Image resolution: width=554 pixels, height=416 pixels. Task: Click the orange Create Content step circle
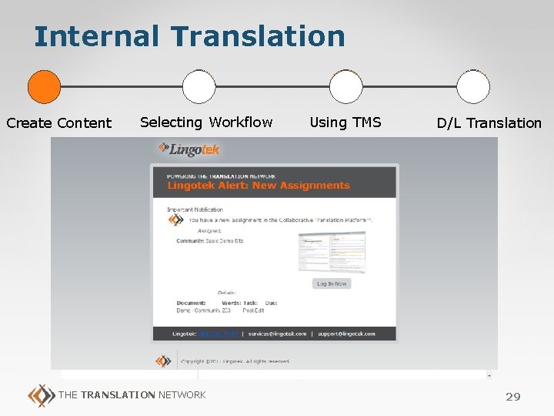[x=44, y=87]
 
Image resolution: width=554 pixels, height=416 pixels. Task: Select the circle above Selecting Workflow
[x=199, y=87]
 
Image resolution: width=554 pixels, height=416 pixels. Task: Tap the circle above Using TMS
[x=345, y=87]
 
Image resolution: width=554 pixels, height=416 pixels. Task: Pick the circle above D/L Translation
[x=472, y=87]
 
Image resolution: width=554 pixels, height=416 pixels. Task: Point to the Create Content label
[x=59, y=123]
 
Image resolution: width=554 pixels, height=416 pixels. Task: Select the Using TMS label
[x=345, y=122]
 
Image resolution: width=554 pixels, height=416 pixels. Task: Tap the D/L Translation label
[x=489, y=123]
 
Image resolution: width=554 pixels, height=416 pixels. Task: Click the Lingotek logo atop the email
[x=189, y=149]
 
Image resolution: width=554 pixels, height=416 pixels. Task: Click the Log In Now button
[x=332, y=283]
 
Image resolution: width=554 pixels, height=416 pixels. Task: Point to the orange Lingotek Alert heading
[x=259, y=186]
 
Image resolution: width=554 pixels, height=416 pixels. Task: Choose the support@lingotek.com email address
[x=346, y=334]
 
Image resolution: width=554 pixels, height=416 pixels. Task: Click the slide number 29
[x=512, y=397]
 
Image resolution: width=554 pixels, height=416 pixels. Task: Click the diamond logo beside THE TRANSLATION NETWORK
[x=40, y=395]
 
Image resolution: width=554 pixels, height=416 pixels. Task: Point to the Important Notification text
[x=195, y=210]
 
